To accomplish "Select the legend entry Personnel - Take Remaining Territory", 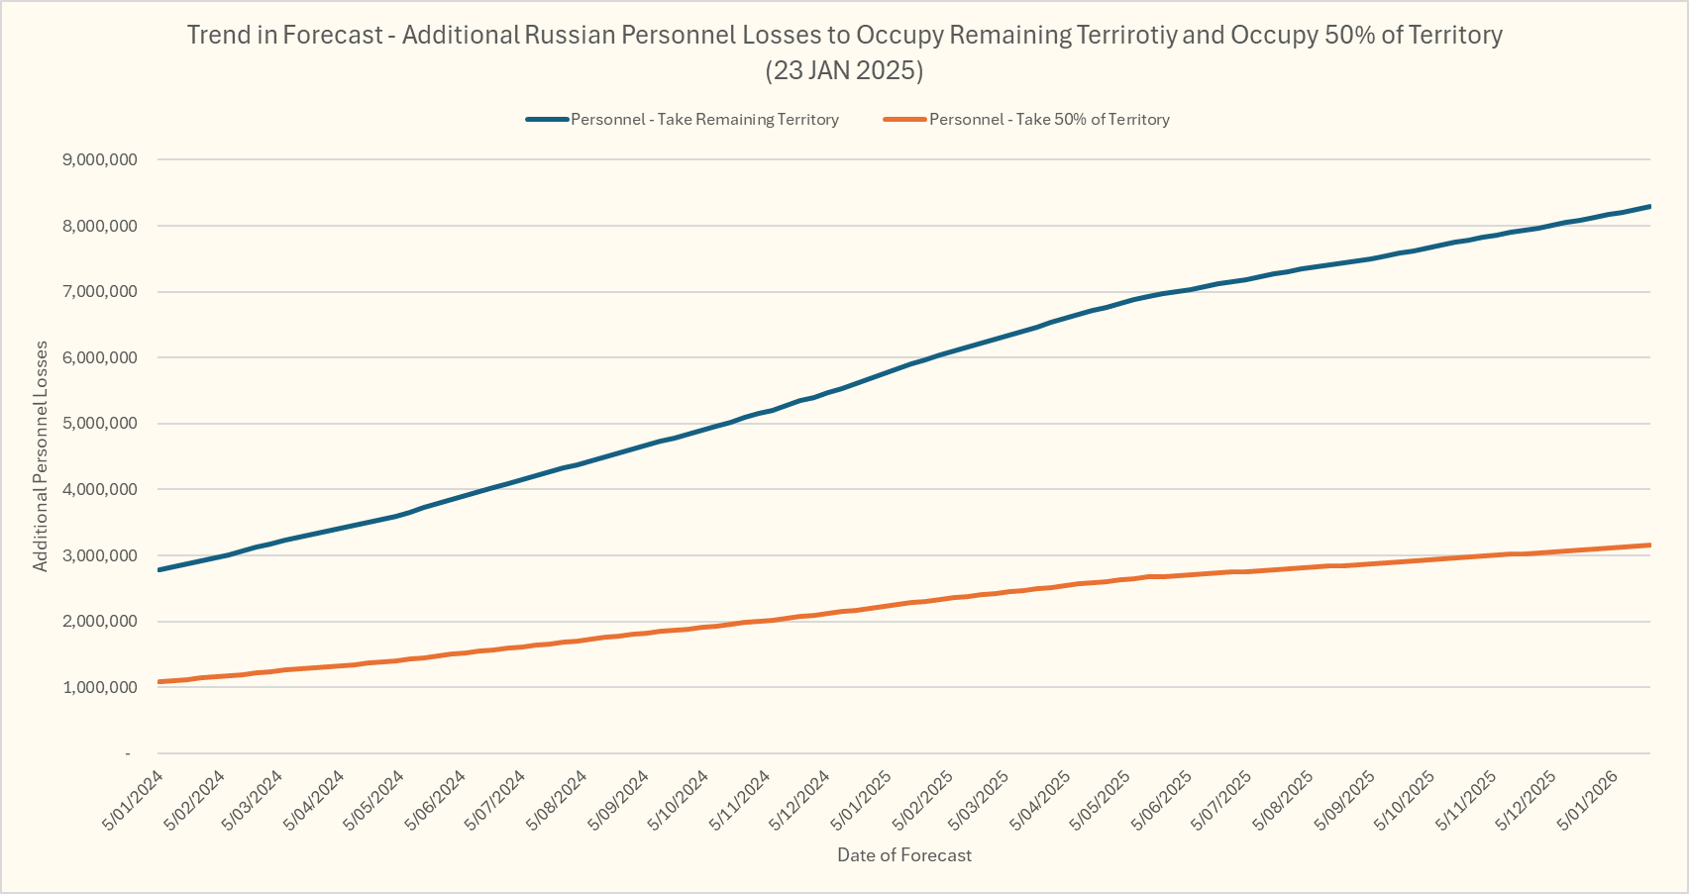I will (704, 120).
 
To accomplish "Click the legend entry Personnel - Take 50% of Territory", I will (1049, 120).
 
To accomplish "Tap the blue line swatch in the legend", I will (547, 120).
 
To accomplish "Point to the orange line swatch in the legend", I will (904, 120).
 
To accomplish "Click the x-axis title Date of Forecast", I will (904, 855).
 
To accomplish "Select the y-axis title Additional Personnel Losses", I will (41, 456).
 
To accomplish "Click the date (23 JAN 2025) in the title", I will (844, 70).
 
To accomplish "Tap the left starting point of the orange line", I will (159, 682).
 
